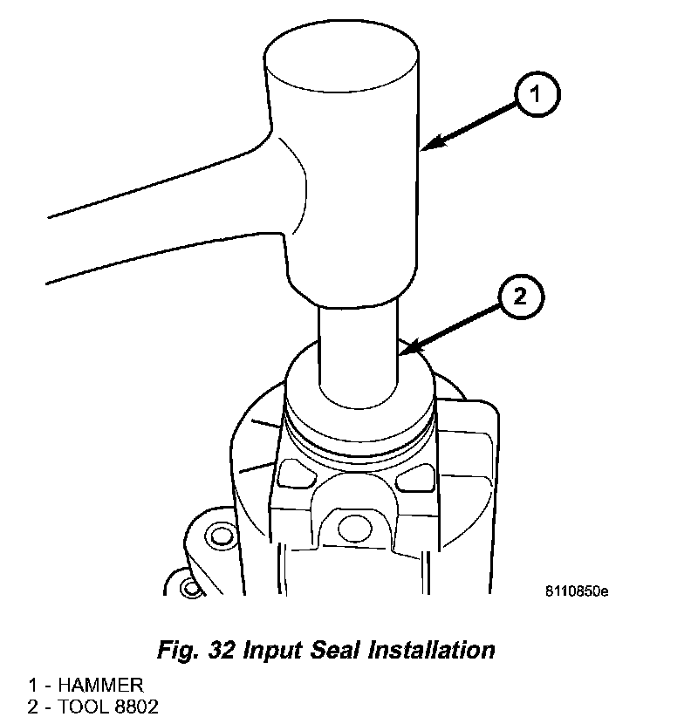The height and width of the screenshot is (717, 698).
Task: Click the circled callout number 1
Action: point(537,94)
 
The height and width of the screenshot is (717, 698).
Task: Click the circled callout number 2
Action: point(522,297)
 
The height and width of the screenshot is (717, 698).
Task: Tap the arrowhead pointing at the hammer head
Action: point(433,142)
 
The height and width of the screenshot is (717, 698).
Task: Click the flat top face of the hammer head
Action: point(342,56)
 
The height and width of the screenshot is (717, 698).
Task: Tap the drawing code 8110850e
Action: point(577,591)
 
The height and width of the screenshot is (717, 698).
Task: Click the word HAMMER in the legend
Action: point(100,685)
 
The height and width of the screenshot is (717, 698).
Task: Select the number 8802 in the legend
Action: point(136,707)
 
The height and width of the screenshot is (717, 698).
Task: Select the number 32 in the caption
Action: point(222,649)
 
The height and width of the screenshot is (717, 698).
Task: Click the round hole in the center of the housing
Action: point(355,529)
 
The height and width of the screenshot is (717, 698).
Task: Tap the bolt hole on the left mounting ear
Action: point(222,536)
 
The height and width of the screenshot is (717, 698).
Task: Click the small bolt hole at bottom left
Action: point(190,588)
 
